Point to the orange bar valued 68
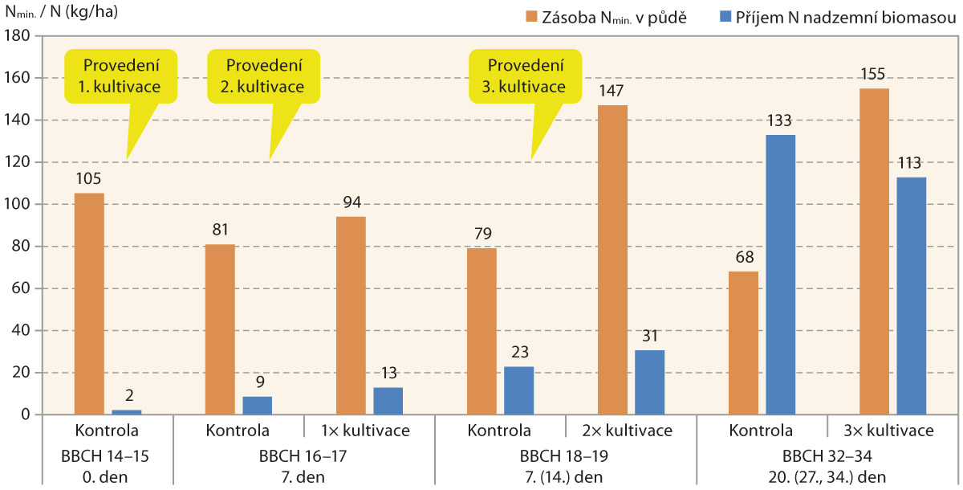743,343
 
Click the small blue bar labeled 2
126,412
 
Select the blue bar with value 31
649,382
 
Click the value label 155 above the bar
874,75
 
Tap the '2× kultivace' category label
631,431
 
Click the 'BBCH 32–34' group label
827,456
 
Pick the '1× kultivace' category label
369,431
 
